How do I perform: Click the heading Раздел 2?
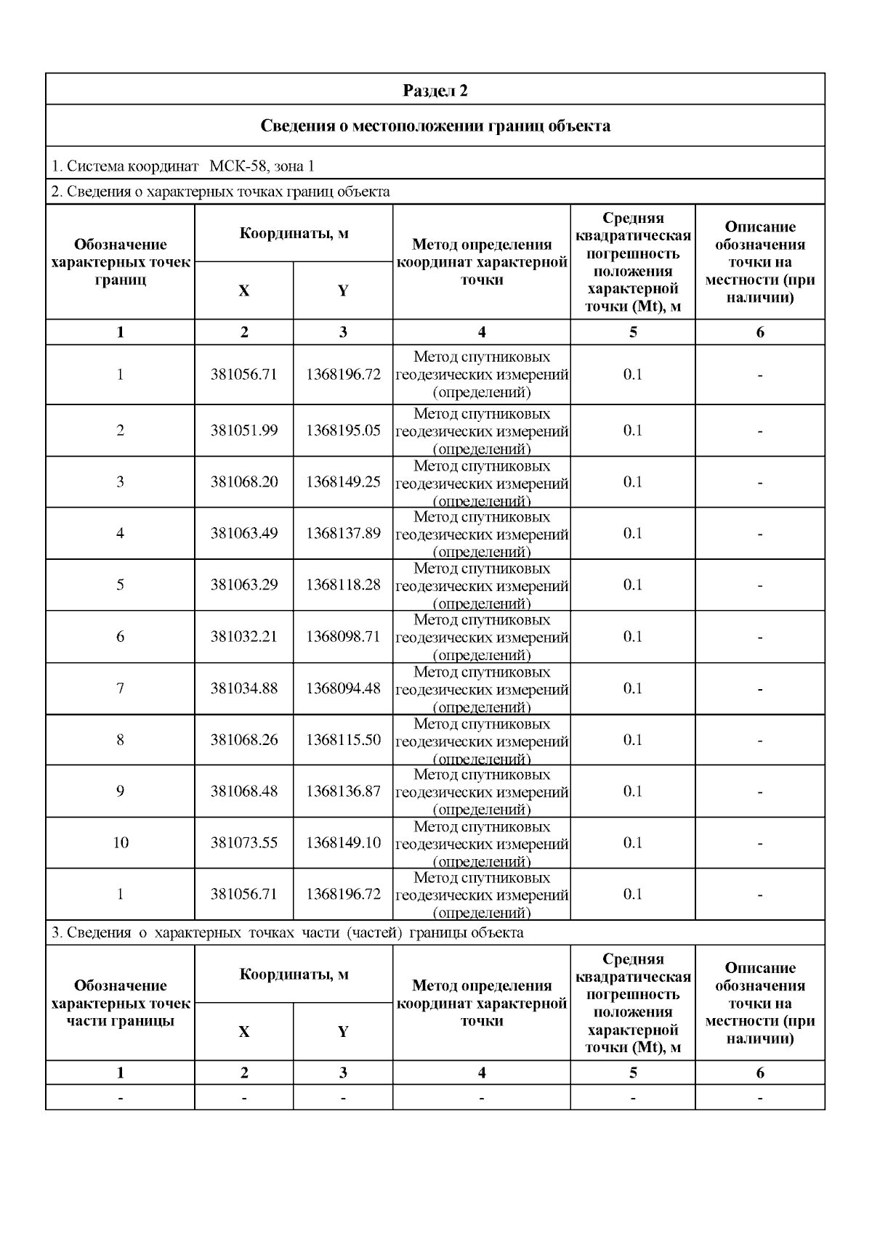(435, 91)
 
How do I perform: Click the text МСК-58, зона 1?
(262, 166)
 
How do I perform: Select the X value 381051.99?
(244, 430)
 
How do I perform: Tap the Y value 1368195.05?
(343, 430)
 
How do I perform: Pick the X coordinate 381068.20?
(244, 481)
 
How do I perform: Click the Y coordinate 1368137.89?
(343, 533)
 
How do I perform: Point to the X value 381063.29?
(244, 585)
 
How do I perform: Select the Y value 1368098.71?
(343, 636)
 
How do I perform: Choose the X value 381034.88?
(244, 688)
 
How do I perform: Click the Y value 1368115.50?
(343, 739)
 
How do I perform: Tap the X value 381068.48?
(244, 791)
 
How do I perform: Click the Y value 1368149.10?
(343, 842)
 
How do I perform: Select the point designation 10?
(121, 842)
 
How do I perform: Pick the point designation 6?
(121, 636)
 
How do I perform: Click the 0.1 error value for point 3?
(633, 481)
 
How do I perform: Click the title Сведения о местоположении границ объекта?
(435, 126)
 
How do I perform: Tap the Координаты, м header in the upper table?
(294, 233)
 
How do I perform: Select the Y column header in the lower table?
(343, 1031)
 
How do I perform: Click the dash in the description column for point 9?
(760, 792)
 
